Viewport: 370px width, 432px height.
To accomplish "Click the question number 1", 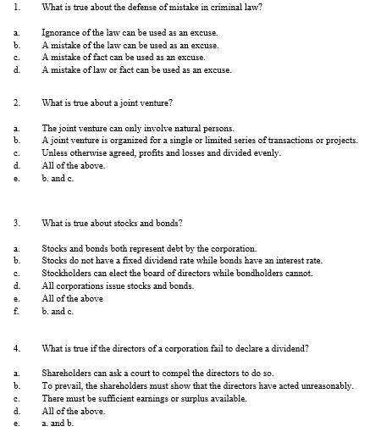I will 5,7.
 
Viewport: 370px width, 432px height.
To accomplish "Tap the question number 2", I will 5,103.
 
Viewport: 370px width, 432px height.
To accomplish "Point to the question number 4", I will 5,348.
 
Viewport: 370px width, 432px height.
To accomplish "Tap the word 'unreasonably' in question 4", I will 325,386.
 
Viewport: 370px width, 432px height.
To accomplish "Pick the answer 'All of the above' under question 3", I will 73,298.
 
